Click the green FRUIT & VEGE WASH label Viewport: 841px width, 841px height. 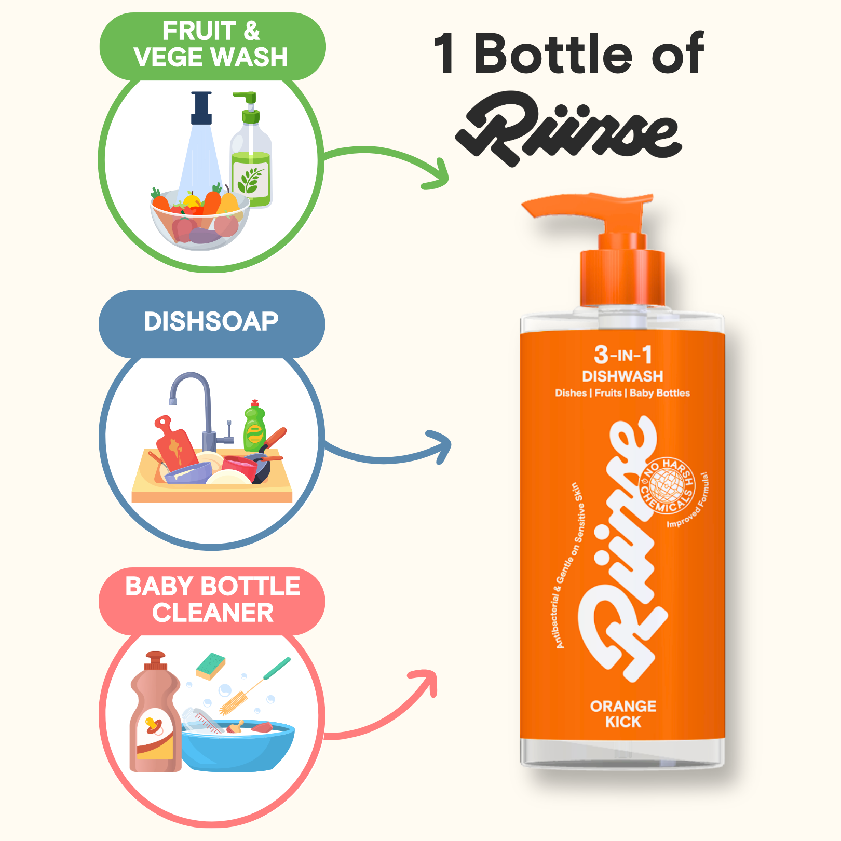tap(212, 46)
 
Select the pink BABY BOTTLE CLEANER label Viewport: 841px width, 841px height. tap(212, 601)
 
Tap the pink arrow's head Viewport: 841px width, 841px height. tap(426, 680)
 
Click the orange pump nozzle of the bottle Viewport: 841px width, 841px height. tap(587, 206)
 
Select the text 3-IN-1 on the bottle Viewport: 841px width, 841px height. tap(623, 355)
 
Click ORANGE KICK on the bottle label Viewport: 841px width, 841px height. tap(623, 714)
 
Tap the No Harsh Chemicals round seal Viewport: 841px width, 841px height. tap(668, 485)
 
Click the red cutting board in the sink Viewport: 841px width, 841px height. tap(176, 441)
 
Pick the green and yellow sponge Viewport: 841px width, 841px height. tap(210, 666)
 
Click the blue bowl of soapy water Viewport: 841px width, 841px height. tap(238, 745)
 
